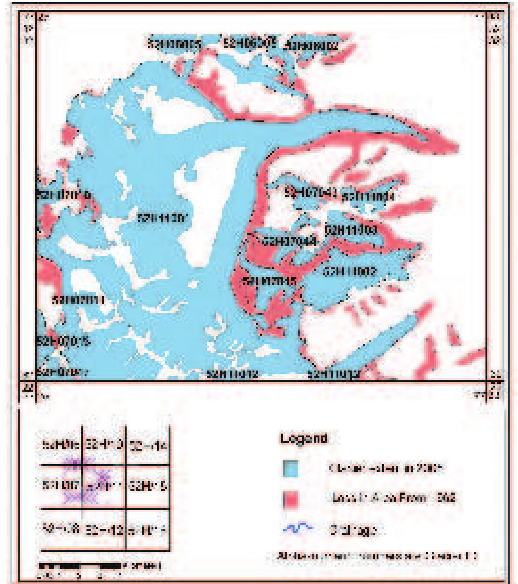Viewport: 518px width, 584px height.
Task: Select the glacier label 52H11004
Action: click(368, 196)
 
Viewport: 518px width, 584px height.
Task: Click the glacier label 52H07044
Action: click(289, 242)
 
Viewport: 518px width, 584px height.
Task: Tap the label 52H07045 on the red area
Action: click(269, 281)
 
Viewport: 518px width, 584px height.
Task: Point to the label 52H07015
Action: click(63, 341)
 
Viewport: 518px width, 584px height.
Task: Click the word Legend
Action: click(304, 438)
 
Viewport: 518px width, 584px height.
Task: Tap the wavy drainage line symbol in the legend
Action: click(297, 529)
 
